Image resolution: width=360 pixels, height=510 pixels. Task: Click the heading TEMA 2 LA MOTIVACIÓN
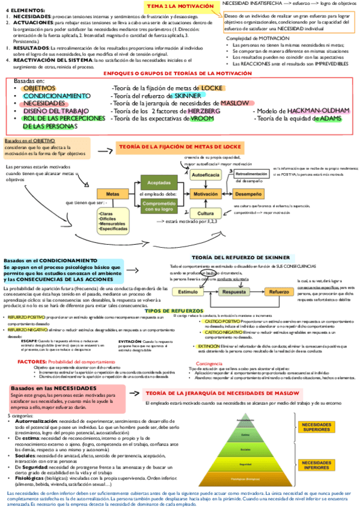[180, 6]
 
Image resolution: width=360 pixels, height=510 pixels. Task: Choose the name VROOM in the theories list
[202, 119]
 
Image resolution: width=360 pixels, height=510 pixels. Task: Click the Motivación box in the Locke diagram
[205, 195]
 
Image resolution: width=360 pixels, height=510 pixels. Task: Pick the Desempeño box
[248, 195]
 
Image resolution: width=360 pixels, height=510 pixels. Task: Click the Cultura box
[205, 214]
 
